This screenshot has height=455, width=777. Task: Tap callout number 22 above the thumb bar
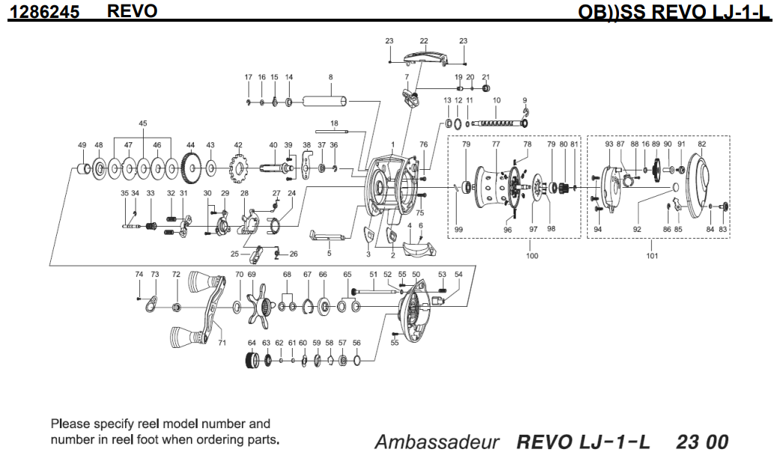pos(424,40)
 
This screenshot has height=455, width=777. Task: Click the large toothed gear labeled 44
pos(191,168)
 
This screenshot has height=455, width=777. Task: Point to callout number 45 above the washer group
pos(142,123)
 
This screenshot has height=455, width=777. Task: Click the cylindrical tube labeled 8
pos(329,102)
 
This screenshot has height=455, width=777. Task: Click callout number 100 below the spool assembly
pos(532,256)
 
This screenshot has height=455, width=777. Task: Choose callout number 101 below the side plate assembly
pos(652,256)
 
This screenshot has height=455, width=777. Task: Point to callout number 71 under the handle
pos(222,343)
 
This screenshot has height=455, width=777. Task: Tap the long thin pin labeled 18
pos(334,132)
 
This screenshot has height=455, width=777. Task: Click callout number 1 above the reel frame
pos(391,143)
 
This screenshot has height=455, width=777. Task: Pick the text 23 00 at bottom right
pos(701,441)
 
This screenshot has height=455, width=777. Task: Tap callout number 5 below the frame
pos(329,254)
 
